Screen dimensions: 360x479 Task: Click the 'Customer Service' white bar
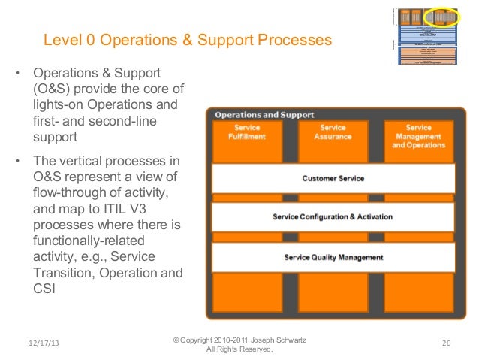[333, 179]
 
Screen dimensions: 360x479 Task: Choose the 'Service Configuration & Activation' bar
[333, 217]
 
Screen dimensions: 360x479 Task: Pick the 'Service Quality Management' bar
[333, 257]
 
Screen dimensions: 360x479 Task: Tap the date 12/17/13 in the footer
[42, 343]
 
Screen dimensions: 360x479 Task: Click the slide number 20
[446, 343]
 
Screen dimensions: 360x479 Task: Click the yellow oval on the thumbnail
[441, 16]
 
